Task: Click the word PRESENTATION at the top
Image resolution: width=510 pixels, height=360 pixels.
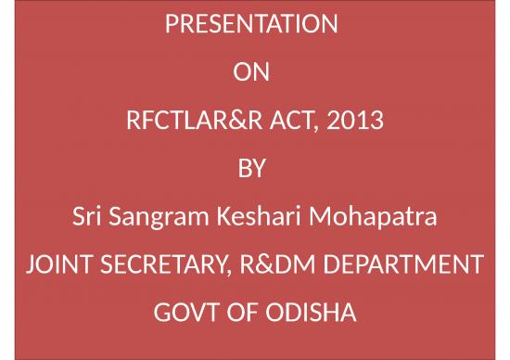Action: pyautogui.click(x=251, y=23)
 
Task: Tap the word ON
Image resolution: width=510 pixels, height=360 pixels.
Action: pyautogui.click(x=251, y=71)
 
